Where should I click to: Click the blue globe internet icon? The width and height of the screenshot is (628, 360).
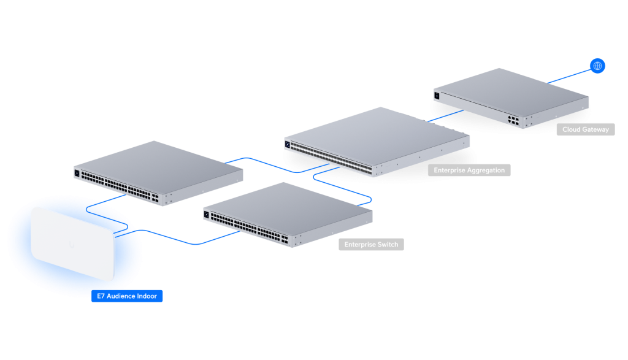click(597, 66)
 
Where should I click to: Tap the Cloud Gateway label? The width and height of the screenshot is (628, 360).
click(585, 129)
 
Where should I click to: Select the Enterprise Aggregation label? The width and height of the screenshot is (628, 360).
click(469, 170)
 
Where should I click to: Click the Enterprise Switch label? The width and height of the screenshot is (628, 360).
click(371, 244)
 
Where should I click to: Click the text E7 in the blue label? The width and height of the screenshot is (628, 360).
click(101, 296)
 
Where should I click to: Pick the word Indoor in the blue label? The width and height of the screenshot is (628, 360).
click(147, 296)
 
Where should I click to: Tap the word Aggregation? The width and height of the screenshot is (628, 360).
click(486, 170)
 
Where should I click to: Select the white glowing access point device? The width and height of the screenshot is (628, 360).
click(72, 243)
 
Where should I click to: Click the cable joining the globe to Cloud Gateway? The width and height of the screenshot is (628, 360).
click(569, 76)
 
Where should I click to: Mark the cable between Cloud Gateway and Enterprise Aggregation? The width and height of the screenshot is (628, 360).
click(445, 116)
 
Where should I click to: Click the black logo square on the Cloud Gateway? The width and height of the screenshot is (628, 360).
click(437, 96)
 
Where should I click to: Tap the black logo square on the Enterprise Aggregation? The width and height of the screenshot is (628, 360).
click(287, 144)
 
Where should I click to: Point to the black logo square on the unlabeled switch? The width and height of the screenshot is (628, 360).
click(77, 173)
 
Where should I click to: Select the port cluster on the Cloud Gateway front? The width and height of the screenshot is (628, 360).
click(513, 120)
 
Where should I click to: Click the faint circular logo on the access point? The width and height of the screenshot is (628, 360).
click(72, 244)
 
